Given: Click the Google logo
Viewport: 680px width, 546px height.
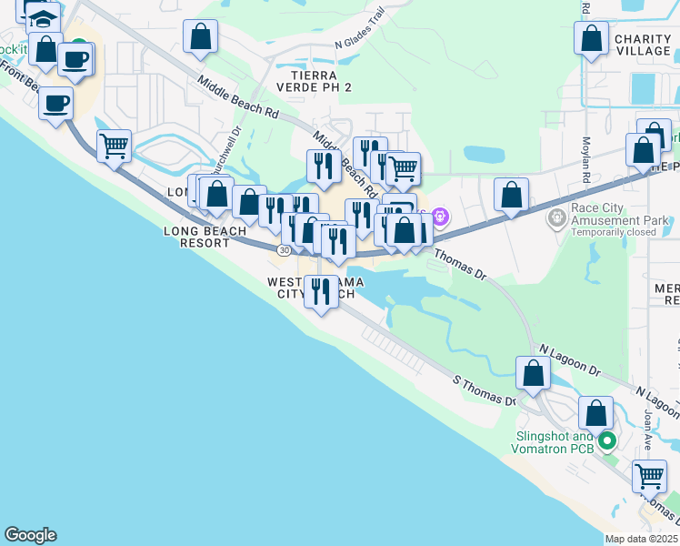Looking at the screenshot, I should (x=30, y=535).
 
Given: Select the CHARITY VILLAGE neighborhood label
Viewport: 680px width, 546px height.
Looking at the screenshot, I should (x=642, y=45).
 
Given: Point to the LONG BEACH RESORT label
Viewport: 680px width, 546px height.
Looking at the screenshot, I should (x=205, y=238).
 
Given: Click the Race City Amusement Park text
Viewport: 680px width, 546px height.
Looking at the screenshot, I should (x=620, y=219).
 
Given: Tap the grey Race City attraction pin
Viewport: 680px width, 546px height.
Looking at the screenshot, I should (x=556, y=218).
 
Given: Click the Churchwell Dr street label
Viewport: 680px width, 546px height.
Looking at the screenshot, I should (x=224, y=157).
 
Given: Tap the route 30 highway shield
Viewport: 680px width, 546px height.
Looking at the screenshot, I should (x=285, y=249).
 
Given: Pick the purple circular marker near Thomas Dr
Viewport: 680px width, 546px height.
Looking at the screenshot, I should (x=440, y=217).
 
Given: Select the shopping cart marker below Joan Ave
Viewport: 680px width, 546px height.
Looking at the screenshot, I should (x=648, y=474).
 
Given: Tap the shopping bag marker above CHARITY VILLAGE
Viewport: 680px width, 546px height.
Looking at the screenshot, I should (x=592, y=39).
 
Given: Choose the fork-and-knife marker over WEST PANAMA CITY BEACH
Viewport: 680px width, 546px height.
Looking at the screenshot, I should (x=320, y=291).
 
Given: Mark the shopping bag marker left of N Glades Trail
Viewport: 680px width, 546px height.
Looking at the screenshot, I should (x=200, y=37).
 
